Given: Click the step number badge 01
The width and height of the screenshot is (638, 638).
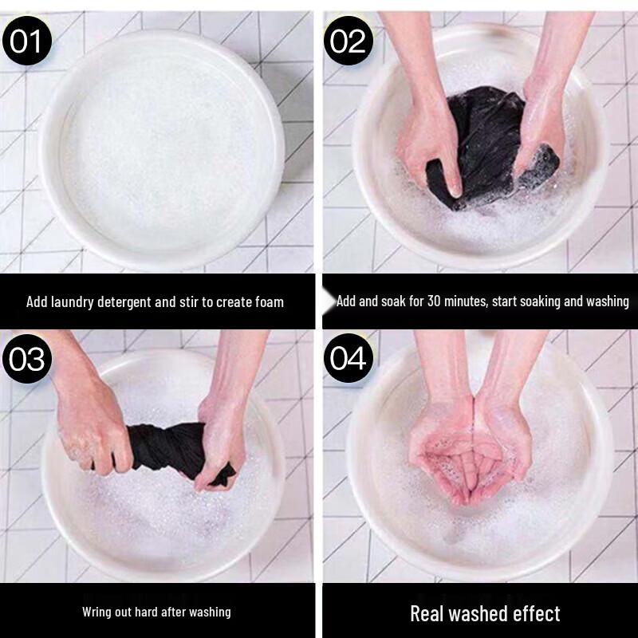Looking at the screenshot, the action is [27, 41].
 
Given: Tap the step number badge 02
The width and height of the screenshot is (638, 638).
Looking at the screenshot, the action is [349, 41].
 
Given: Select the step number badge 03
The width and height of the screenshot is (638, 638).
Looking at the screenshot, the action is [27, 358].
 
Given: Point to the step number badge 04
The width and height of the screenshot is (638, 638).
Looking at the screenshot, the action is [349, 358].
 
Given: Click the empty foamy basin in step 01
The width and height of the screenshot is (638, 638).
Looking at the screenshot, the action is [163, 151].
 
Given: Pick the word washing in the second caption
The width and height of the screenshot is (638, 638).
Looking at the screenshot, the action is [608, 301].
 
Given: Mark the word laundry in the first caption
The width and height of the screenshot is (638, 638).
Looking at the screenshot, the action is [72, 302].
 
